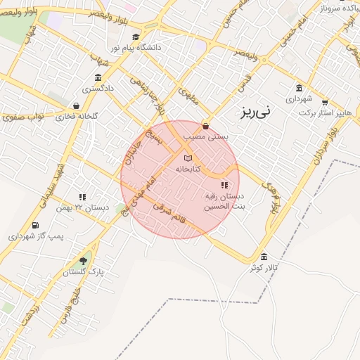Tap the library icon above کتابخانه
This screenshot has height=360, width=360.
coord(187,159)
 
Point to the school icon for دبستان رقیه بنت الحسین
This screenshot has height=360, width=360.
coord(224,186)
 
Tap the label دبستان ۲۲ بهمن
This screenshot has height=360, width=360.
coord(91,207)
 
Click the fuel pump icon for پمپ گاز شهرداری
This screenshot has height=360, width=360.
coord(34,226)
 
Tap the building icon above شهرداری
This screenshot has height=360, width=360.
coord(300,89)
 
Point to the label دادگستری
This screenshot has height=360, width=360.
coord(98,89)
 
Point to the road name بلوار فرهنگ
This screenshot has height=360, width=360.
coord(272,194)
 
